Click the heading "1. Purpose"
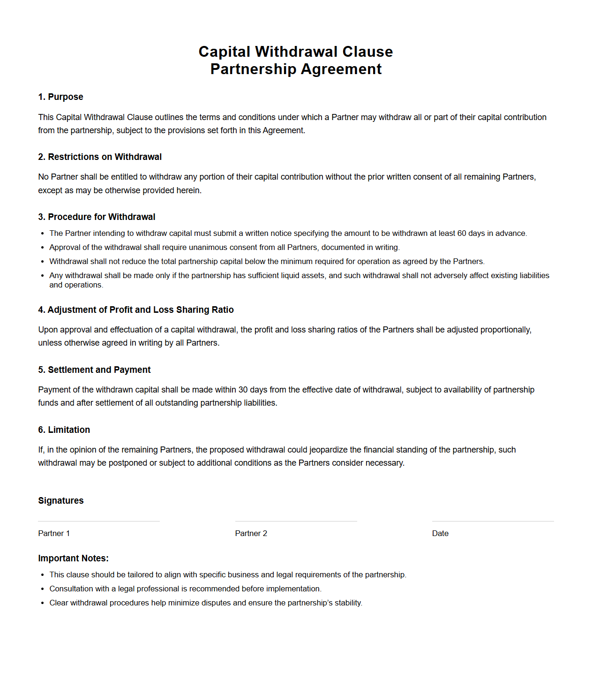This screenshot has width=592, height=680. [x=60, y=97]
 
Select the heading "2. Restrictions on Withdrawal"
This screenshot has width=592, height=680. [x=100, y=157]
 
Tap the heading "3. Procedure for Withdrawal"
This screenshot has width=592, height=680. [x=97, y=217]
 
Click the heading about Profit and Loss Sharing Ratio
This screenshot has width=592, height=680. [x=136, y=310]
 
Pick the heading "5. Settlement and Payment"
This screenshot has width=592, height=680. [x=94, y=370]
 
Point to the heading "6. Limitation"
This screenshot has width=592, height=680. [x=64, y=430]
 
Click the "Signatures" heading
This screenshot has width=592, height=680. [x=61, y=501]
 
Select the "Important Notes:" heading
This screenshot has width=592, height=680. [x=73, y=559]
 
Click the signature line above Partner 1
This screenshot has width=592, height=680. [x=99, y=521]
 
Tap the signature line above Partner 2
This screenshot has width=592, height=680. [x=296, y=521]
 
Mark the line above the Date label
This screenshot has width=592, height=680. [x=493, y=521]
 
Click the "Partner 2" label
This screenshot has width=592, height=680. [x=251, y=534]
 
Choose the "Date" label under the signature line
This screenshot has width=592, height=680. [x=440, y=534]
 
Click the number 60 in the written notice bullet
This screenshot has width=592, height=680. [x=462, y=234]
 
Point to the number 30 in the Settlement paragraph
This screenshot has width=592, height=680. [x=243, y=390]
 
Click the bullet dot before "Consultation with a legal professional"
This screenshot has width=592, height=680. [x=43, y=589]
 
